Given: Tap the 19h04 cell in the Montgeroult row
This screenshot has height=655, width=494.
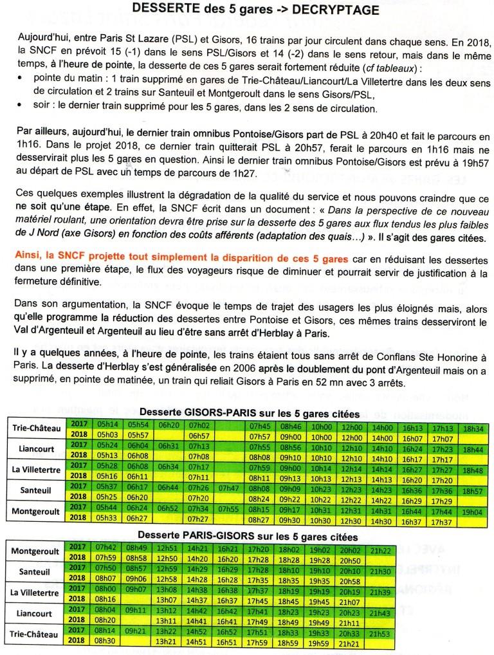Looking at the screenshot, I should point(471,512).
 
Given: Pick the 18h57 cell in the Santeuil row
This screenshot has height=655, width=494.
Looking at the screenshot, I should point(471,490).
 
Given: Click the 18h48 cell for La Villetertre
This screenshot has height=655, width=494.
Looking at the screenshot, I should point(471,470).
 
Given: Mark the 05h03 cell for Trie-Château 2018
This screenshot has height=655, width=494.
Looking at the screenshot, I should point(106,436).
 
